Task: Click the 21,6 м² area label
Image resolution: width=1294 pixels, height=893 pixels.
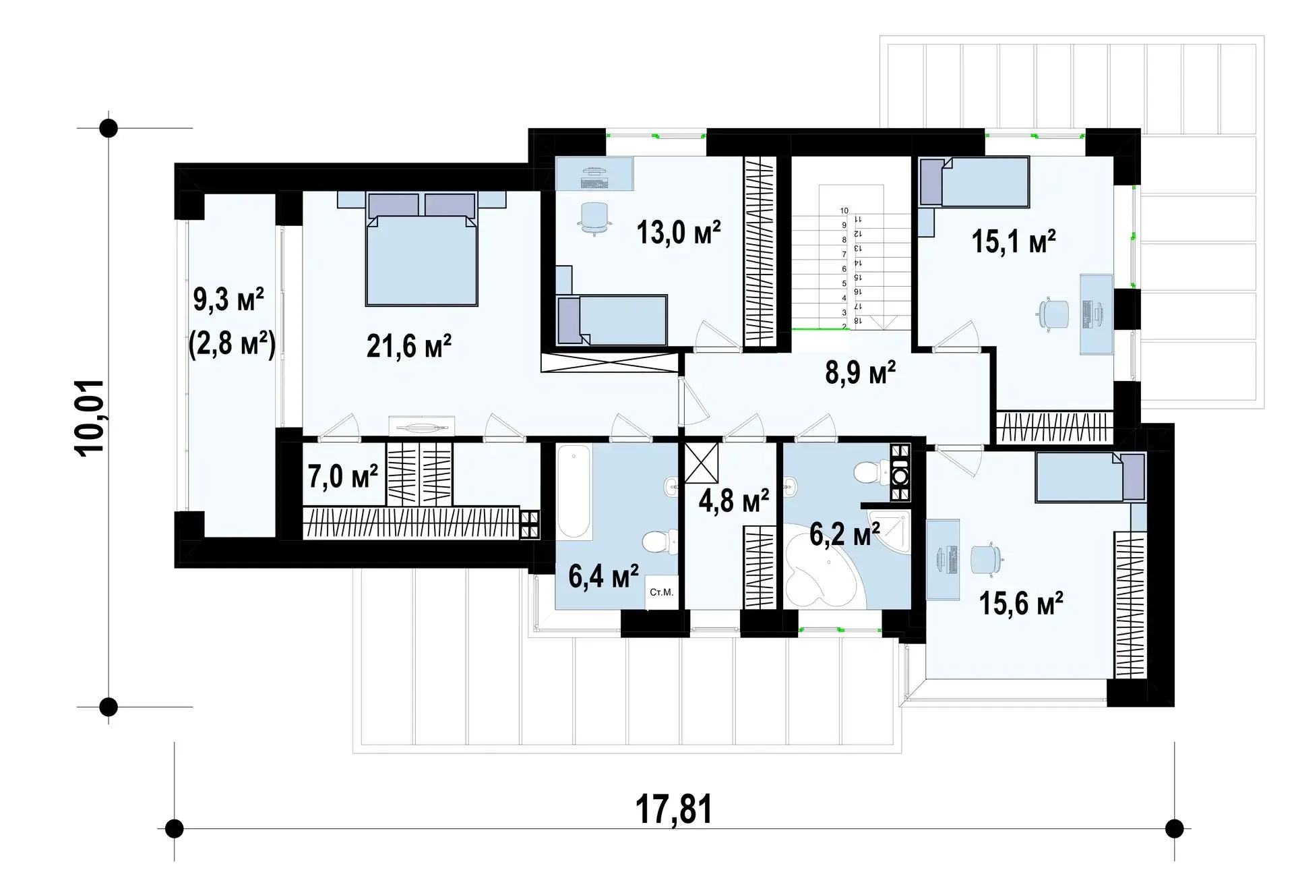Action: click(x=409, y=347)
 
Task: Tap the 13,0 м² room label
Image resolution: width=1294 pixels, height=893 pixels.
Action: click(x=679, y=232)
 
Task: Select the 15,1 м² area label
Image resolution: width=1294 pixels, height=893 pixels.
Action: click(x=1014, y=241)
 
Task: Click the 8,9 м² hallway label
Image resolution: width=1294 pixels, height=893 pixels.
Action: click(x=861, y=372)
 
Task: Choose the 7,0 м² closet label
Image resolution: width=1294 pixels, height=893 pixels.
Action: click(x=343, y=476)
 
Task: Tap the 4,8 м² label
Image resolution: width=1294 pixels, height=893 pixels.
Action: click(x=734, y=502)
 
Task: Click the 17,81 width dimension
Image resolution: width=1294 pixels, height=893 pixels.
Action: click(x=674, y=809)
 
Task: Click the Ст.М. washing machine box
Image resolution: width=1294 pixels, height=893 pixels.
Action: click(x=661, y=593)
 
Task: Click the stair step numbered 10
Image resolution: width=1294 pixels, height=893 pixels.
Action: click(x=844, y=211)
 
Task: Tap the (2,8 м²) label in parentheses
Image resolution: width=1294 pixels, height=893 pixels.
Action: click(x=233, y=345)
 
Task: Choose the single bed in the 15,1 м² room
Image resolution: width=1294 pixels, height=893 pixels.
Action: click(x=975, y=181)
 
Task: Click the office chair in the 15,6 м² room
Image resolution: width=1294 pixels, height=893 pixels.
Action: click(x=987, y=558)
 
